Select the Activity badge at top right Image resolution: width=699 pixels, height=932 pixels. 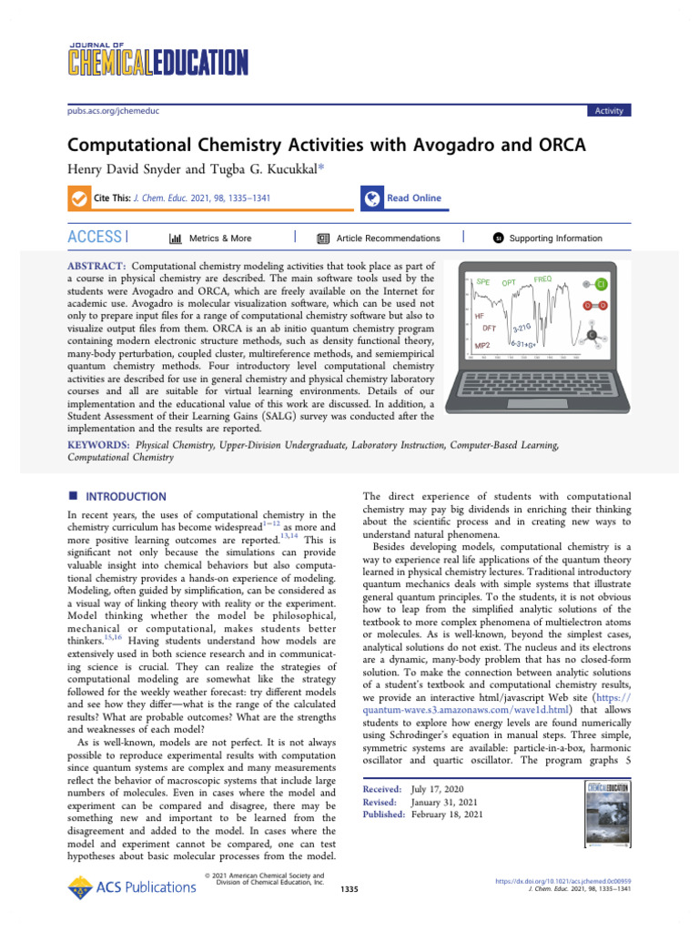609,111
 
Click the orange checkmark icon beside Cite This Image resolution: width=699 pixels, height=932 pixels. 79,198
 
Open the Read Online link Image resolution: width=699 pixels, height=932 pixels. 413,198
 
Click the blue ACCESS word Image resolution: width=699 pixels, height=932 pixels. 95,238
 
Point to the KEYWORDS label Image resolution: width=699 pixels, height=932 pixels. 96,445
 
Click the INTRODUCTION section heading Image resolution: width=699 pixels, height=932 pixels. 126,497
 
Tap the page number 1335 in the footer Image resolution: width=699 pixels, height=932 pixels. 349,887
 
